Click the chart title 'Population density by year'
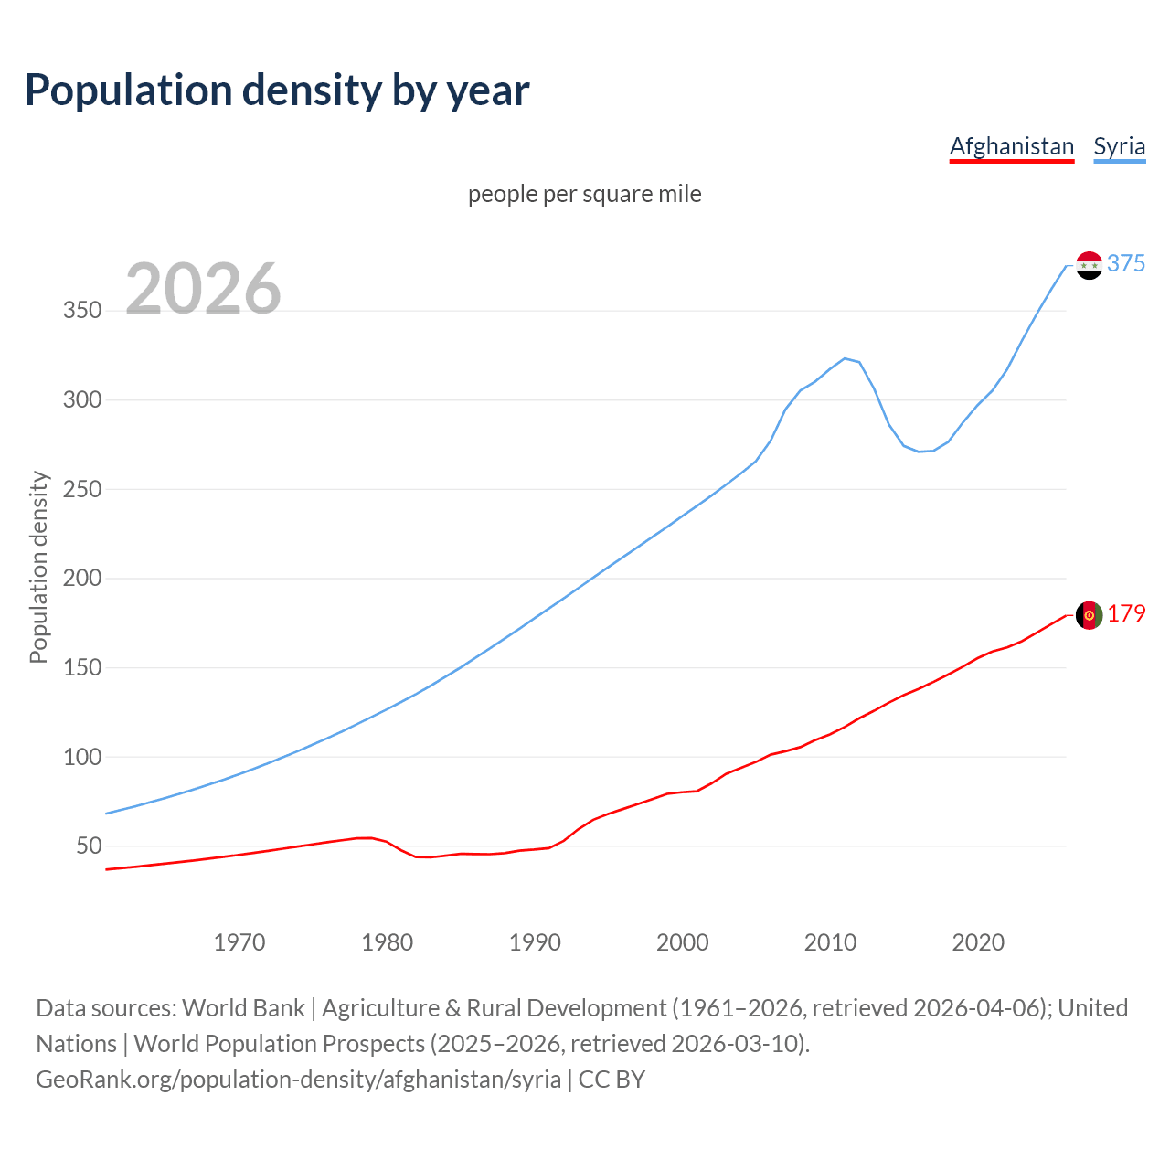coord(277,90)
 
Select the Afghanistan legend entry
coord(1011,146)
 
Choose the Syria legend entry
coord(1119,146)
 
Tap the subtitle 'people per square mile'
coord(585,194)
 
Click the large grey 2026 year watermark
coord(203,289)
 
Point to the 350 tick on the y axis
coord(81,311)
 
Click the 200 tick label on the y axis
coord(81,579)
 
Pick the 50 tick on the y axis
coord(89,846)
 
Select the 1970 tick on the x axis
coord(239,942)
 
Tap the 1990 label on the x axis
coord(535,942)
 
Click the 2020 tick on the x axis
coord(978,942)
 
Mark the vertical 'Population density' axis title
coord(38,567)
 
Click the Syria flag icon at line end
coord(1089,265)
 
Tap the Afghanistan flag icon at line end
coord(1089,615)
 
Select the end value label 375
coord(1126,264)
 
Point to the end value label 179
coord(1126,614)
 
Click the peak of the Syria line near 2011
coord(845,358)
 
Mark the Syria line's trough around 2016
coord(920,452)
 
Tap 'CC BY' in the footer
coord(612,1080)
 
